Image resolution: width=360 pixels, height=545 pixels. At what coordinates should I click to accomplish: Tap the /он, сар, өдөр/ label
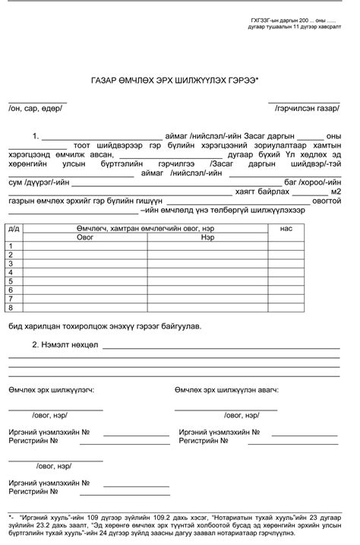(36, 109)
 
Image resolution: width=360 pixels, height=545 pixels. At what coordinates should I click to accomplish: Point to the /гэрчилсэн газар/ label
(307, 109)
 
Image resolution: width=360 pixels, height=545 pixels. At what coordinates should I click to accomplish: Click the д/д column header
(14, 228)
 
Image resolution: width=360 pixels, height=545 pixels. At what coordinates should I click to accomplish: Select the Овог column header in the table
(84, 237)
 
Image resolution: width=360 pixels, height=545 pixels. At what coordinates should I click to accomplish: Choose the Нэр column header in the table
(207, 237)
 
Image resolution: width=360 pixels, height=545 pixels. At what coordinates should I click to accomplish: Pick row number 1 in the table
(11, 246)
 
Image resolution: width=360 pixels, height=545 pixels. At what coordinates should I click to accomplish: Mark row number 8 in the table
(11, 307)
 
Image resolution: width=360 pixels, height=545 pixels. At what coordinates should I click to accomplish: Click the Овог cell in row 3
(84, 263)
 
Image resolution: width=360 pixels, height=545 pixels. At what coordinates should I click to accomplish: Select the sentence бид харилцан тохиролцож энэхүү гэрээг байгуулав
(105, 326)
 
